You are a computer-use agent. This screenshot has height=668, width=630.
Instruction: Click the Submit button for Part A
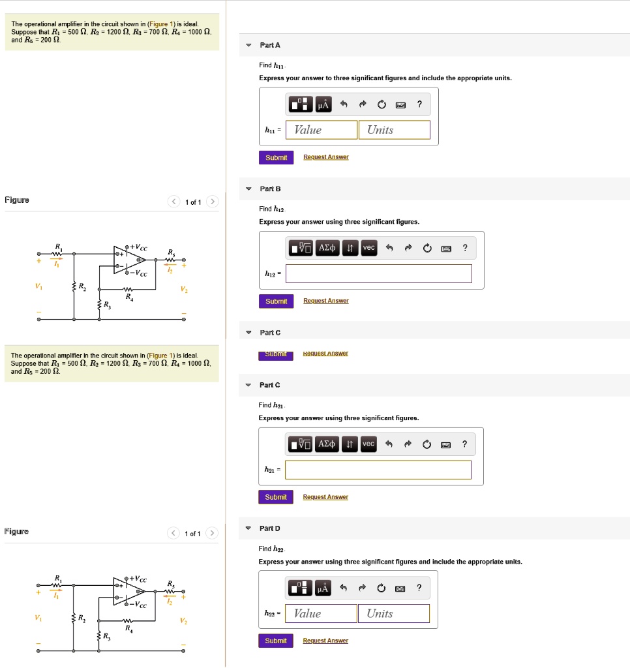[x=276, y=158]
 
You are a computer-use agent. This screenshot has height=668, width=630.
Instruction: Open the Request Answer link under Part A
[x=326, y=157]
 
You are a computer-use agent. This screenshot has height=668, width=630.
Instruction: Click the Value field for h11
[x=322, y=130]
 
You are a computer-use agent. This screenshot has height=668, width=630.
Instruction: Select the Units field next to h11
[x=395, y=130]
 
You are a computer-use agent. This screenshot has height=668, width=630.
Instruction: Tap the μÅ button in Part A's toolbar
[x=323, y=104]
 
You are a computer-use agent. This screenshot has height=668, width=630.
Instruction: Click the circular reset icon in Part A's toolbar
[x=382, y=104]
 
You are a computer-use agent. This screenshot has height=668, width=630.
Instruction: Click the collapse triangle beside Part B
[x=248, y=189]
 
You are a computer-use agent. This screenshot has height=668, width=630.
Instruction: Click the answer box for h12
[x=379, y=273]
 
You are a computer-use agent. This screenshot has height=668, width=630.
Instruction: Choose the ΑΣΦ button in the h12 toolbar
[x=327, y=248]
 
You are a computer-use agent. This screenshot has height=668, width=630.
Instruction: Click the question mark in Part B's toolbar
[x=465, y=248]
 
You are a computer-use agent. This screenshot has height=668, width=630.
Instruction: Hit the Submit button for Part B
[x=276, y=301]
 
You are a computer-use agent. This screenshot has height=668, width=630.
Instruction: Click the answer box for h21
[x=378, y=470]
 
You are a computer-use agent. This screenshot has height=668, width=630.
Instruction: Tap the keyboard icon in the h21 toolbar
[x=445, y=445]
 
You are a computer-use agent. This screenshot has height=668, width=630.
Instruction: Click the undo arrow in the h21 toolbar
[x=389, y=444]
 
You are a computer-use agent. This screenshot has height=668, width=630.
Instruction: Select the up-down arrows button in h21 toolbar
[x=350, y=444]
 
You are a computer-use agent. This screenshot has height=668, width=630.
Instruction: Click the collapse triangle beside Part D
[x=248, y=528]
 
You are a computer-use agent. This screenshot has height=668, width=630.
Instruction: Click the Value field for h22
[x=321, y=613]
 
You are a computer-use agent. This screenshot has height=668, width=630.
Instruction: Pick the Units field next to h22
[x=394, y=613]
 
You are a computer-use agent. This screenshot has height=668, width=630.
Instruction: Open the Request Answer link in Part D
[x=325, y=641]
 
